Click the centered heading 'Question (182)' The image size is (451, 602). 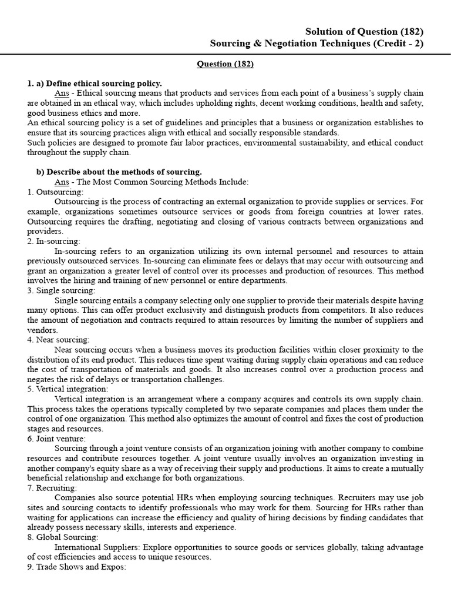click(x=225, y=64)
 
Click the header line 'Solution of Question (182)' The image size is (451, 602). click(x=364, y=32)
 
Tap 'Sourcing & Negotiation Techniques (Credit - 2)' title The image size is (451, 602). click(x=317, y=44)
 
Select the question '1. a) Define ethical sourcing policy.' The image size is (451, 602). click(x=95, y=83)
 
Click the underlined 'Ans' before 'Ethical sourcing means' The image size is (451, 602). click(x=62, y=93)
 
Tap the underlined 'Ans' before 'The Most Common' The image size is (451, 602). click(x=62, y=182)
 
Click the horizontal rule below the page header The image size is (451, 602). click(x=225, y=53)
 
